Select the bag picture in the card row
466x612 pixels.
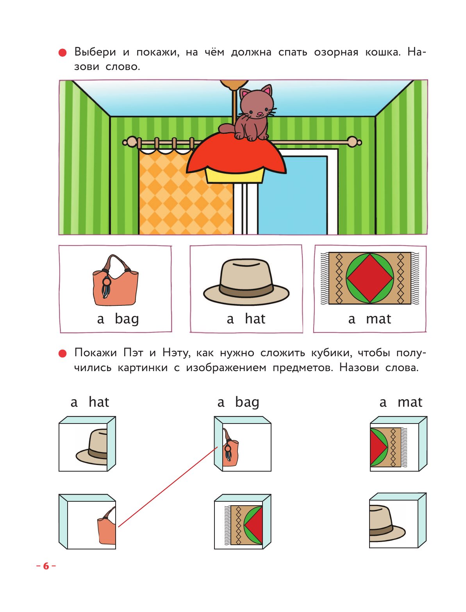pos(115,281)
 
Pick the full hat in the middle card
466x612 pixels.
pos(246,282)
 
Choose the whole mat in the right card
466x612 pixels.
pos(370,278)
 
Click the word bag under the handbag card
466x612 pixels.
pos(127,319)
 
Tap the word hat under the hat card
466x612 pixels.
pos(255,319)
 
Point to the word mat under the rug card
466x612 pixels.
pos(379,319)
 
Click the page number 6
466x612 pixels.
pos(46,566)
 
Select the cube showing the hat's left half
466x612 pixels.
pos(87,444)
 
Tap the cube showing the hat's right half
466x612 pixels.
pos(397,521)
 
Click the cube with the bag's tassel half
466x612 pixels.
pos(243,444)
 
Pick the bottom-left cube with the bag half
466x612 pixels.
pos(87,522)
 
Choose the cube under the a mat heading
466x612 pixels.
pos(398,444)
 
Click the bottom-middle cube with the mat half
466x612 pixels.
pos(243,522)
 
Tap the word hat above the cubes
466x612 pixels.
pos(99,402)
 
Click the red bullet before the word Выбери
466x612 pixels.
pos(62,52)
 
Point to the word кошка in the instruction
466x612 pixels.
pos(382,52)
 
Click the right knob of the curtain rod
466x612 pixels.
pos(353,142)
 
